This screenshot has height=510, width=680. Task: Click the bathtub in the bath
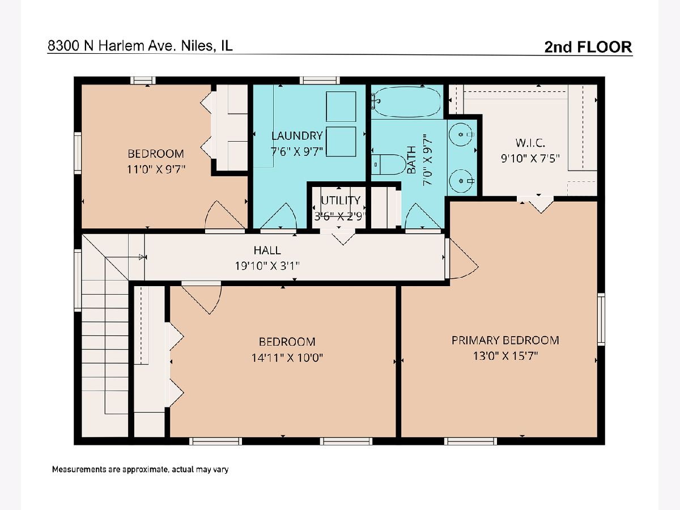click(x=406, y=101)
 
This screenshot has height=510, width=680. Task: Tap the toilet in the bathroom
click(x=389, y=164)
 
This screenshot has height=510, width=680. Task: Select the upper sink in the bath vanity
click(x=461, y=134)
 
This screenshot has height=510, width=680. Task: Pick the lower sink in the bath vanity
click(x=461, y=181)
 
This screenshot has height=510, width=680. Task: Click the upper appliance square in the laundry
click(x=341, y=107)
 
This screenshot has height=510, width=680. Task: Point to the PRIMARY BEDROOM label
click(x=505, y=341)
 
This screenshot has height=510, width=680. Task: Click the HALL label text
click(x=267, y=250)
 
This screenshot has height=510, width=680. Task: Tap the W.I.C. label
click(x=530, y=143)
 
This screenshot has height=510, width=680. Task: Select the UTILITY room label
click(x=341, y=201)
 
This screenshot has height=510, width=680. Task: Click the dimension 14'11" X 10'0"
click(x=287, y=358)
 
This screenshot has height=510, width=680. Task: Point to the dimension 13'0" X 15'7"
click(x=505, y=356)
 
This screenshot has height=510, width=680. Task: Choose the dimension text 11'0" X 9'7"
click(x=156, y=169)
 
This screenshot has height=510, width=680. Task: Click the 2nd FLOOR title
click(x=588, y=47)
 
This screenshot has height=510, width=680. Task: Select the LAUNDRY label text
click(x=297, y=135)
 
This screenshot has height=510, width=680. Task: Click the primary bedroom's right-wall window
click(x=601, y=319)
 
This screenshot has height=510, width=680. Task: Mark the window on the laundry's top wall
click(x=320, y=80)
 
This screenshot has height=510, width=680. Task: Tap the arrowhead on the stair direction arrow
click(x=142, y=257)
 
